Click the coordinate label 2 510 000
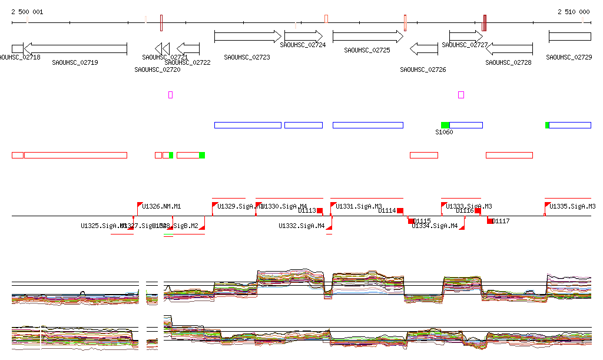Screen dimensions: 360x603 click(574, 12)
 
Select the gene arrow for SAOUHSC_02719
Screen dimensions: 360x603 click(75, 48)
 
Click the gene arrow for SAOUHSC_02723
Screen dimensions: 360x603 click(248, 37)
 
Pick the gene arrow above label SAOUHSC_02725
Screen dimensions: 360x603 click(367, 37)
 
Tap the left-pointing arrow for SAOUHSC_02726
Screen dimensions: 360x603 click(423, 48)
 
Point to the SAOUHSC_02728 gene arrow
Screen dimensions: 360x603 click(509, 48)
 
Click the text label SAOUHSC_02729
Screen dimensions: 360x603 click(569, 57)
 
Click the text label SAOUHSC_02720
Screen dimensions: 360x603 click(157, 70)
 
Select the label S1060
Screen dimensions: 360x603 click(444, 132)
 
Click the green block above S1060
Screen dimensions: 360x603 click(445, 125)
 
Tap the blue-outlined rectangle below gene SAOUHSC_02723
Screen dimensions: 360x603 click(248, 125)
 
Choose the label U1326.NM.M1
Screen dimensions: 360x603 click(162, 206)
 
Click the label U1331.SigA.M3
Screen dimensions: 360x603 click(359, 206)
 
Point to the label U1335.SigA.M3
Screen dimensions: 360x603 click(573, 206)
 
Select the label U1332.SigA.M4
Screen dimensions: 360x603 click(301, 226)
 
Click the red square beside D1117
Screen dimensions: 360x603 click(490, 221)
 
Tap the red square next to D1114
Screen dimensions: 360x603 click(400, 210)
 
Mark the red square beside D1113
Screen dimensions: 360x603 click(320, 210)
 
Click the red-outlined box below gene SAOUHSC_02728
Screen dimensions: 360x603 click(509, 155)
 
